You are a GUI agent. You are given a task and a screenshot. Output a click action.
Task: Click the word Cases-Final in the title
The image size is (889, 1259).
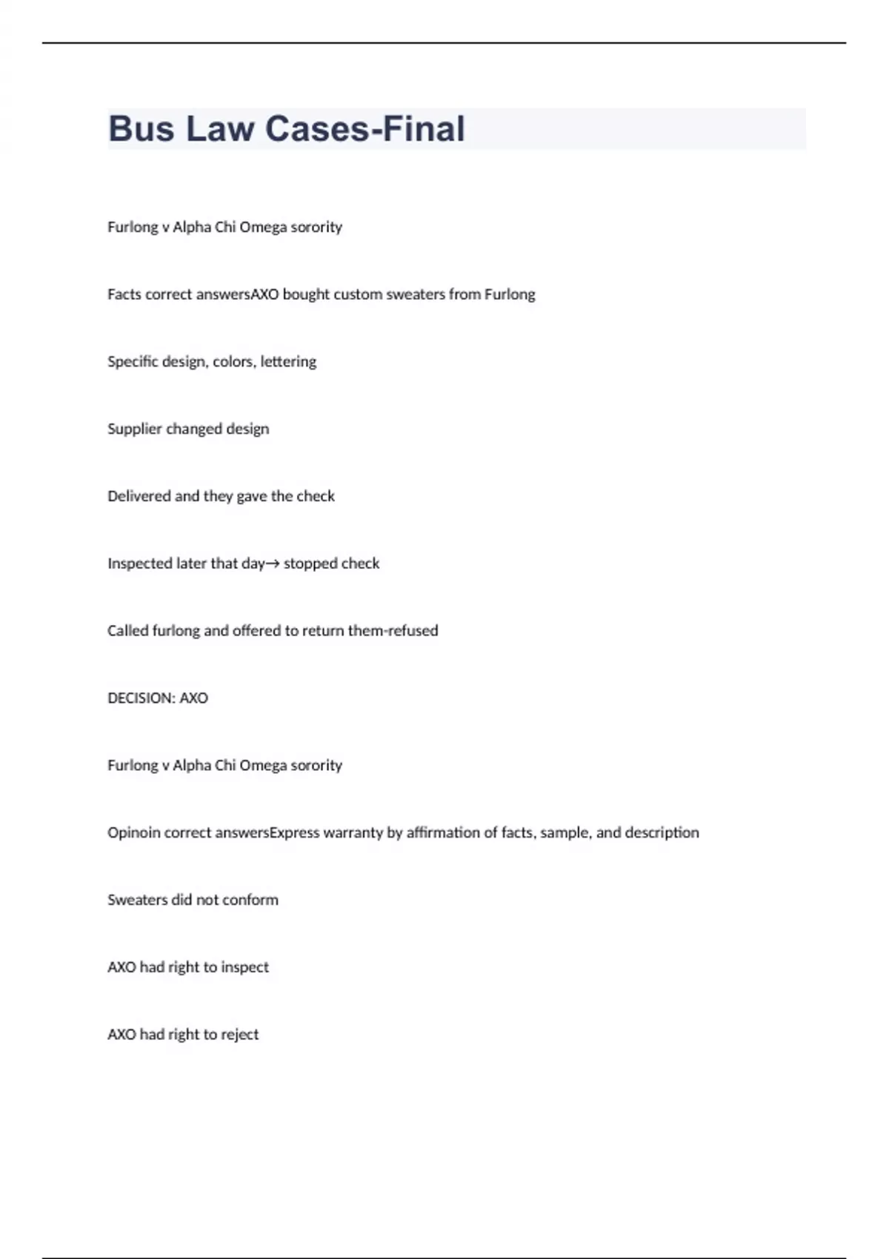(x=364, y=129)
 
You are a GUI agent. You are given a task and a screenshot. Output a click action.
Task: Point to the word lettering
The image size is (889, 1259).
(x=288, y=361)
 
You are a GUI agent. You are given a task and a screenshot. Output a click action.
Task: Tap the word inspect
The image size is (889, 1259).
(x=244, y=967)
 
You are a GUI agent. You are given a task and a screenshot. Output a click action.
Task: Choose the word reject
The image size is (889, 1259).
(x=240, y=1035)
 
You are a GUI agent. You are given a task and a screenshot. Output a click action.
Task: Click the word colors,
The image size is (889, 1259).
(x=234, y=361)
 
